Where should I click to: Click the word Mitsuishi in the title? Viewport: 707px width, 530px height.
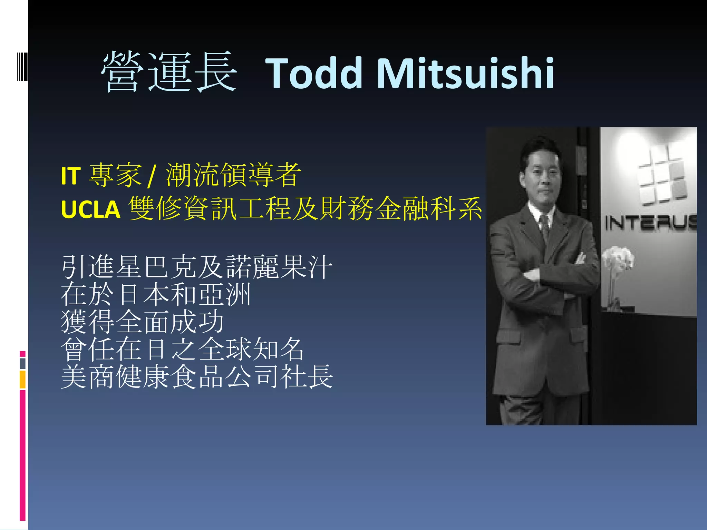click(466, 73)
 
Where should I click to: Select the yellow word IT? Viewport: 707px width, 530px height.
click(71, 176)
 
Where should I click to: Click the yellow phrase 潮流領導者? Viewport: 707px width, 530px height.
click(233, 175)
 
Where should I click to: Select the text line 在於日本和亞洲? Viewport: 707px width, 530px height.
click(155, 294)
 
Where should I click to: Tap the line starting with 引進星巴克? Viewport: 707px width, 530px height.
click(197, 267)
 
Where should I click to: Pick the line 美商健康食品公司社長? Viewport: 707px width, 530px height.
click(197, 377)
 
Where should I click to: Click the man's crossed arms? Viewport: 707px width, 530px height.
click(552, 276)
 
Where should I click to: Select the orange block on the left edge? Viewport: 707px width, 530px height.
click(22, 380)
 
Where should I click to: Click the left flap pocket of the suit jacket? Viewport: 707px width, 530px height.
click(509, 336)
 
